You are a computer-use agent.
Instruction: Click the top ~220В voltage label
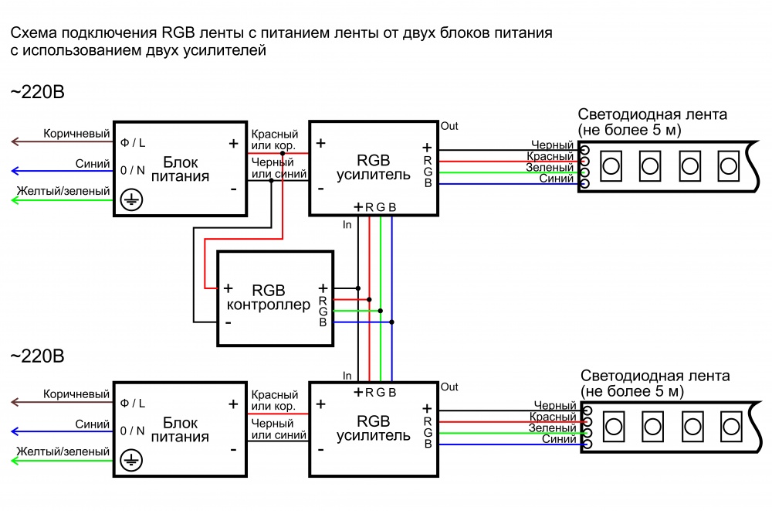[37, 93]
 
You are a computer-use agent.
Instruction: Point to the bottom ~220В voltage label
[37, 356]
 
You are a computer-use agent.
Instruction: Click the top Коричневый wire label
[76, 134]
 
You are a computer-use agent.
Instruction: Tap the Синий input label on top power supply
[93, 163]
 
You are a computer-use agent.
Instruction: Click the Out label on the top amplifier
[449, 126]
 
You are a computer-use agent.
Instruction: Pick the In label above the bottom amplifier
[347, 376]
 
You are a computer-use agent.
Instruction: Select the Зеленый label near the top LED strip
[550, 168]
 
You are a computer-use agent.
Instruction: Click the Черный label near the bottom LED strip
[554, 405]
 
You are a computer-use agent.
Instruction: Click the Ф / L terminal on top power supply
[132, 143]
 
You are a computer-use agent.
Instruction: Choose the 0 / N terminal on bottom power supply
[132, 431]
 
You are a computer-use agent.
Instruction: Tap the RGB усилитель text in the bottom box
[374, 428]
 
